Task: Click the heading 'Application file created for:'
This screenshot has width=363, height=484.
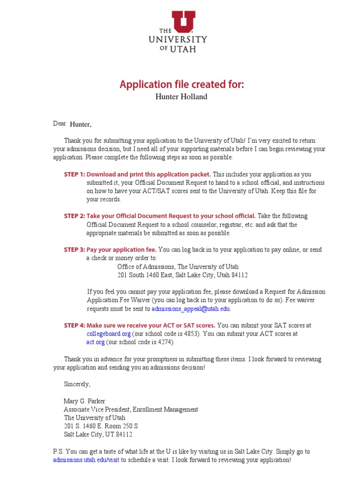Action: click(181, 85)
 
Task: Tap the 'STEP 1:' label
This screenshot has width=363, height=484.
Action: click(75, 174)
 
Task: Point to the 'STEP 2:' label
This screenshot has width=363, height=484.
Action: click(75, 216)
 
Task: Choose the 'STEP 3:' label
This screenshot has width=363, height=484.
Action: click(75, 250)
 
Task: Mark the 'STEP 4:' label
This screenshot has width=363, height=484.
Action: click(75, 326)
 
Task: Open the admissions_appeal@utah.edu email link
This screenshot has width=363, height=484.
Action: click(190, 309)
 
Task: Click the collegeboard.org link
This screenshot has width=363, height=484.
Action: click(108, 334)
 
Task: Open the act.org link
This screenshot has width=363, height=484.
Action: click(95, 342)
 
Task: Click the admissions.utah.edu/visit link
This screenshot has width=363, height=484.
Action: click(86, 460)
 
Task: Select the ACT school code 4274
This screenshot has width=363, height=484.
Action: click(166, 342)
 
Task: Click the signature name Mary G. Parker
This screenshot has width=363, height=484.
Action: click(85, 401)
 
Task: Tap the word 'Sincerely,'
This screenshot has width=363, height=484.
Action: click(77, 384)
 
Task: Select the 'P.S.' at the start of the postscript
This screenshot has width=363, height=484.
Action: click(59, 452)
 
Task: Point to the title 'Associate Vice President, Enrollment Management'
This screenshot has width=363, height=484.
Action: click(131, 410)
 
